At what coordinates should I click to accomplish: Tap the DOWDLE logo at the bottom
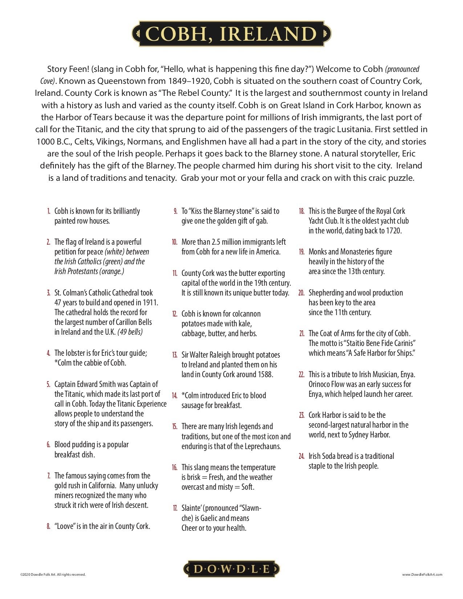tap(231, 569)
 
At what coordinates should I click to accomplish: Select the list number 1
tap(49, 211)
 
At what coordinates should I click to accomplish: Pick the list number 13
tap(175, 355)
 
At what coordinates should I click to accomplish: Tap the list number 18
tap(301, 211)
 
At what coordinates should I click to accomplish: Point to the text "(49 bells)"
tap(130, 332)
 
